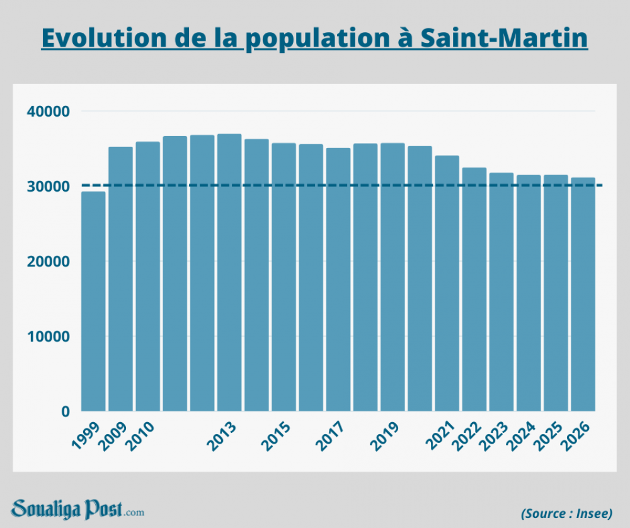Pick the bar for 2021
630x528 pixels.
tap(447, 283)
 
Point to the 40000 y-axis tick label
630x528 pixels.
tap(48, 112)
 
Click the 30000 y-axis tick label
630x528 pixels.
tap(48, 187)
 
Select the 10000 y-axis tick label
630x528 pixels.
tap(48, 336)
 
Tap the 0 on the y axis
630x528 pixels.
tap(65, 411)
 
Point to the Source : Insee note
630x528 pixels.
tap(566, 513)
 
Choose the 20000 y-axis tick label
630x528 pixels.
tap(48, 261)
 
